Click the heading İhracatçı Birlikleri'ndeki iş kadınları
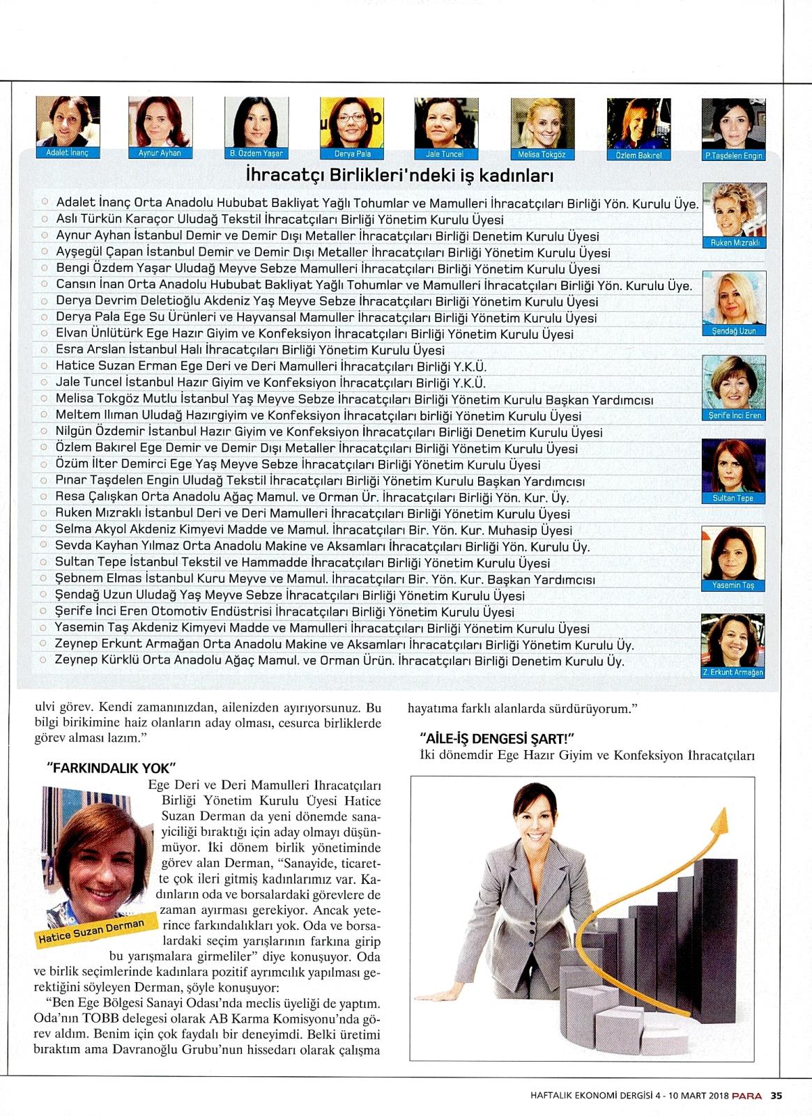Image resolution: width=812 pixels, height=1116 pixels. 399,175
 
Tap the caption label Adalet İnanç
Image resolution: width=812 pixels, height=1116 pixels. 67,153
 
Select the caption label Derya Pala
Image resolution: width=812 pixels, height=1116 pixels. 353,153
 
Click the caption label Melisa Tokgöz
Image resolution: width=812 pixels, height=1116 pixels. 542,154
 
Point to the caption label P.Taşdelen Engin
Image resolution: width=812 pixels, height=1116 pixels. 733,155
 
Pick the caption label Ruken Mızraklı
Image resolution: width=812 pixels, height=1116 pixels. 734,243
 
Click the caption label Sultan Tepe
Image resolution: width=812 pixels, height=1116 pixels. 733,498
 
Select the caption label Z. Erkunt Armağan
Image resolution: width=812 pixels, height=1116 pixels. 733,673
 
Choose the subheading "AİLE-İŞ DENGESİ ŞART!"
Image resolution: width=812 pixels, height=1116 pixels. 497,739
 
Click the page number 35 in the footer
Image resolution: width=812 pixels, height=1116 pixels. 776,1095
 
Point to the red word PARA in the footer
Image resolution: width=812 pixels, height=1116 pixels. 746,1095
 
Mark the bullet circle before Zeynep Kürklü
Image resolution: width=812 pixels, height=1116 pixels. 44,660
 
